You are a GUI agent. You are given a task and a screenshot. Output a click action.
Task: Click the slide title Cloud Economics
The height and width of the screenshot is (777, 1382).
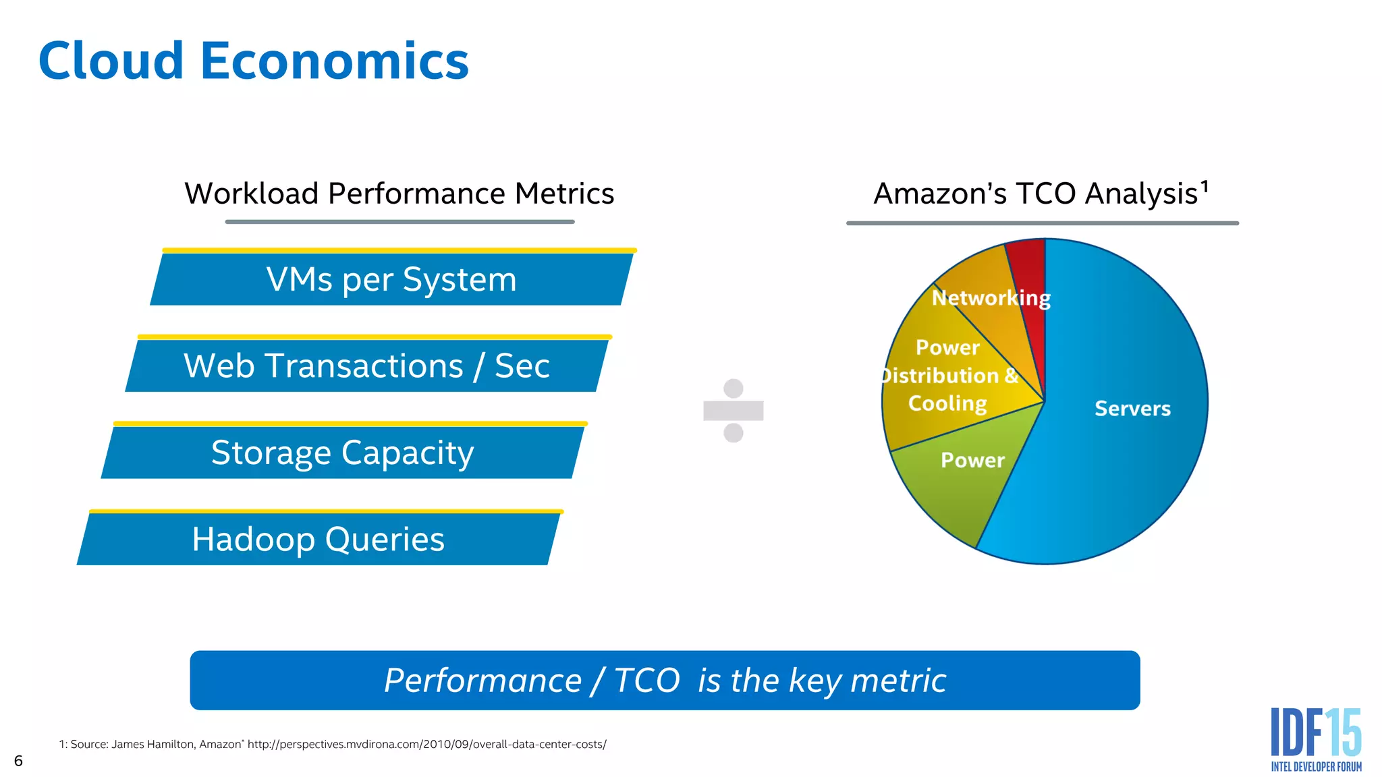pos(253,61)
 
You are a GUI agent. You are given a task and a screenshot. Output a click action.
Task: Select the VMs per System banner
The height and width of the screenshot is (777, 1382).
pos(391,279)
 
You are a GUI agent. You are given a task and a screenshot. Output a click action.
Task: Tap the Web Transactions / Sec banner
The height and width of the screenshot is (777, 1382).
pos(366,366)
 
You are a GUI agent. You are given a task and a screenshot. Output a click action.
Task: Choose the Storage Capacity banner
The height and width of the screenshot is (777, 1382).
pos(342,453)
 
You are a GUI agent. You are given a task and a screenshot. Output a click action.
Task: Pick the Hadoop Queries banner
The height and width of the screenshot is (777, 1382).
pos(318,539)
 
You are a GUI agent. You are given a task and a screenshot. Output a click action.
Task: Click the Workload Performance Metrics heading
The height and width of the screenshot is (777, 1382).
pos(399,194)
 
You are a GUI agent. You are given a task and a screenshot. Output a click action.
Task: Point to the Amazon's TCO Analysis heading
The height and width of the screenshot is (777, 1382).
pos(1036,194)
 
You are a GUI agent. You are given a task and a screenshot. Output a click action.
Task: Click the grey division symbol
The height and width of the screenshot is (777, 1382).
pos(733,410)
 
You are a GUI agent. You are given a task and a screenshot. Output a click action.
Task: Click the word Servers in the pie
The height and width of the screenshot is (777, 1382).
pos(1132,409)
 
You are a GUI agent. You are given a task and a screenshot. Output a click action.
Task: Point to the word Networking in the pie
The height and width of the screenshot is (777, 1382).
pos(991,297)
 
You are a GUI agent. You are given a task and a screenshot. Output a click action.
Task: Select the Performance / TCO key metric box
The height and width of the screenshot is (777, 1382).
pos(665,680)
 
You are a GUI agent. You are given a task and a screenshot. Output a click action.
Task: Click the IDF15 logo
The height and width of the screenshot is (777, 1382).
pos(1316,739)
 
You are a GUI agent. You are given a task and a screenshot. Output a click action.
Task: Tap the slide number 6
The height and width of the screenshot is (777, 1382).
pos(18,761)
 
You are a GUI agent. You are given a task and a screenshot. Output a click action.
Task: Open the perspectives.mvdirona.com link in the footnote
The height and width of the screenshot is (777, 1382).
pos(426,745)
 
